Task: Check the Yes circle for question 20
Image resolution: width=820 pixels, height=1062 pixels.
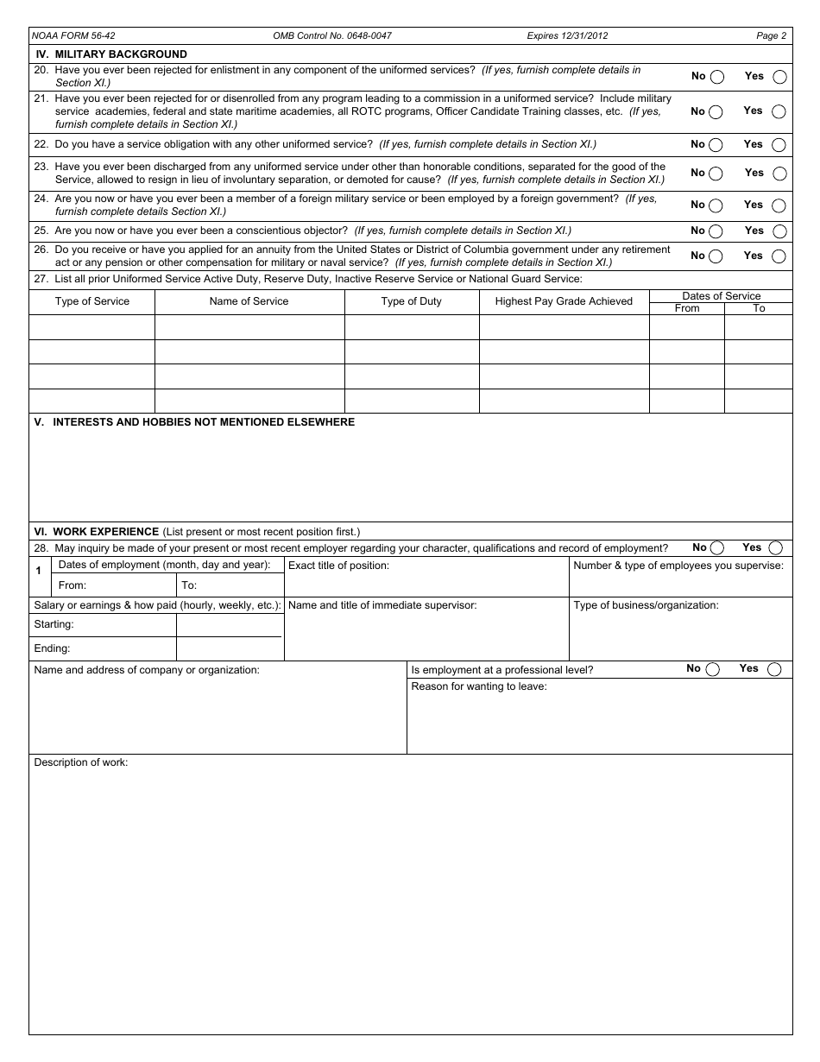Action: pyautogui.click(x=780, y=77)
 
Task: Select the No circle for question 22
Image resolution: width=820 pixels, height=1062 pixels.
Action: pyautogui.click(x=716, y=145)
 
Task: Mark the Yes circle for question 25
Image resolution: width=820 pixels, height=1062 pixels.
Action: pyautogui.click(x=780, y=231)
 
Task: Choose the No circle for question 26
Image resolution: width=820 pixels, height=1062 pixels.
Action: pyautogui.click(x=716, y=256)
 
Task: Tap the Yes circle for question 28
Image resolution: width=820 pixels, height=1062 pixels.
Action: pyautogui.click(x=776, y=548)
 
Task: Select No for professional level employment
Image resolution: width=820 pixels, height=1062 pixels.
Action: pyautogui.click(x=712, y=669)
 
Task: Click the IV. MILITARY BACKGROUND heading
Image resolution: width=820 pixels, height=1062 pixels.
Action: pyautogui.click(x=110, y=54)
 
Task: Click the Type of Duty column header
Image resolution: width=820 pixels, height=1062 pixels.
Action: pyautogui.click(x=411, y=301)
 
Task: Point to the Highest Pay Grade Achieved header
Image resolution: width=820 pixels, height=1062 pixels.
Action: pyautogui.click(x=564, y=301)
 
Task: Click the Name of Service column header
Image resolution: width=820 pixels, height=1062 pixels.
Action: pyautogui.click(x=249, y=301)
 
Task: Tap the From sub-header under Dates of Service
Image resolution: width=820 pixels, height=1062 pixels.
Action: pyautogui.click(x=686, y=308)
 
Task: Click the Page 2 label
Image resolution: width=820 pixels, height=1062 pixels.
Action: pyautogui.click(x=771, y=36)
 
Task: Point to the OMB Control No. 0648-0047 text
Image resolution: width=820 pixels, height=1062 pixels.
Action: pyautogui.click(x=331, y=36)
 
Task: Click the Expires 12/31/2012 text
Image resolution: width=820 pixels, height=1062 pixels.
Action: pyautogui.click(x=567, y=36)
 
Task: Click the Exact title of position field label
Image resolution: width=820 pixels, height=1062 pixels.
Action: pyautogui.click(x=338, y=566)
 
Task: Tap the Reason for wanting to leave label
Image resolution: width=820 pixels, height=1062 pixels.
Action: pyautogui.click(x=478, y=686)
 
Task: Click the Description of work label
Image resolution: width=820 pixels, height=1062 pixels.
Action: pyautogui.click(x=80, y=762)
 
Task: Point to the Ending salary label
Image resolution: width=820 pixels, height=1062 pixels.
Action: pyautogui.click(x=52, y=648)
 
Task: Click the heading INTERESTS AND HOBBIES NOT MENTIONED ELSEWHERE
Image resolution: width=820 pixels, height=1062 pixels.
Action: pyautogui.click(x=203, y=422)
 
